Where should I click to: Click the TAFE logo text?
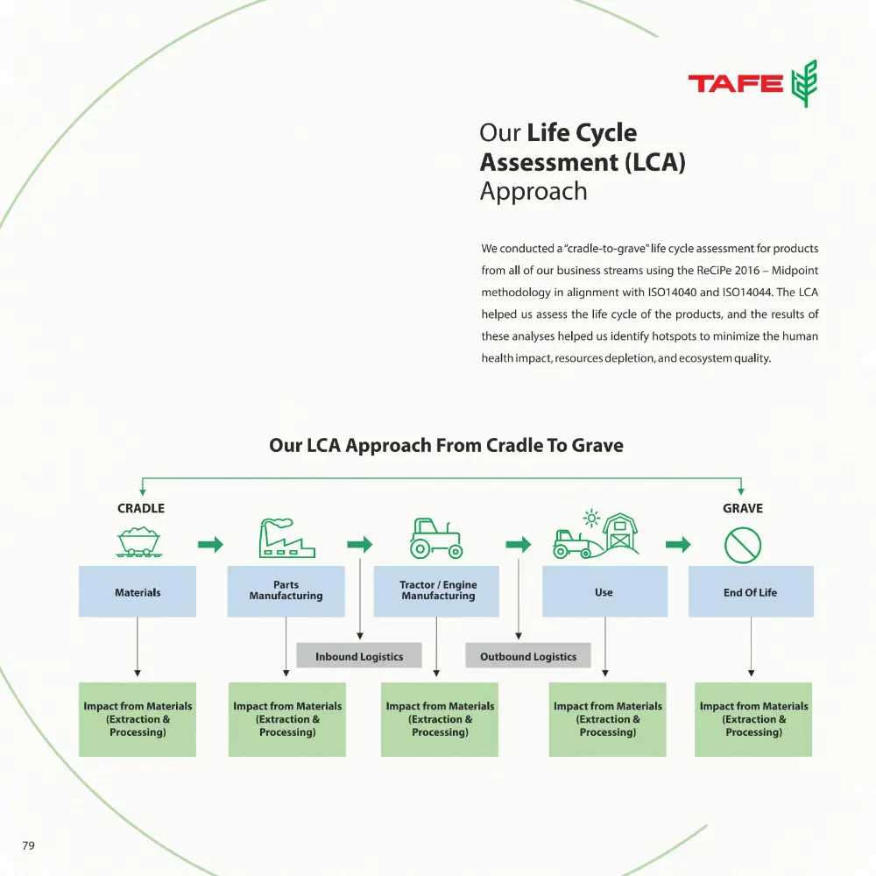pos(736,84)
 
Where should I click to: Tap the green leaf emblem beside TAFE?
pos(803,84)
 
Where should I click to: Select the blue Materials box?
pos(138,592)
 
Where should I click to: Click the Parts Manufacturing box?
pos(286,591)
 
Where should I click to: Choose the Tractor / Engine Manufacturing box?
pos(438,591)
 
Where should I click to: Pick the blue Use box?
pos(604,591)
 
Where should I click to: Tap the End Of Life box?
pos(751,591)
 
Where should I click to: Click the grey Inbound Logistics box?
pos(359,656)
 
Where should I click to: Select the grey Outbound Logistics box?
pos(528,656)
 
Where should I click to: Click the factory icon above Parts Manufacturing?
pos(286,538)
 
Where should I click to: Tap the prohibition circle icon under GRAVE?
pos(743,545)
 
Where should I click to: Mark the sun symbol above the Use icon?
pos(592,519)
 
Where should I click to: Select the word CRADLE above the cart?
pos(141,508)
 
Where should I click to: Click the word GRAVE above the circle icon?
pos(743,508)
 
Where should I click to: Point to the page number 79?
pos(28,845)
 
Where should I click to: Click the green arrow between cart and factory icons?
pos(210,545)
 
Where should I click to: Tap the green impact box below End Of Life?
pos(753,719)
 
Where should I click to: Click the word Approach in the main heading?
pos(533,192)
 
